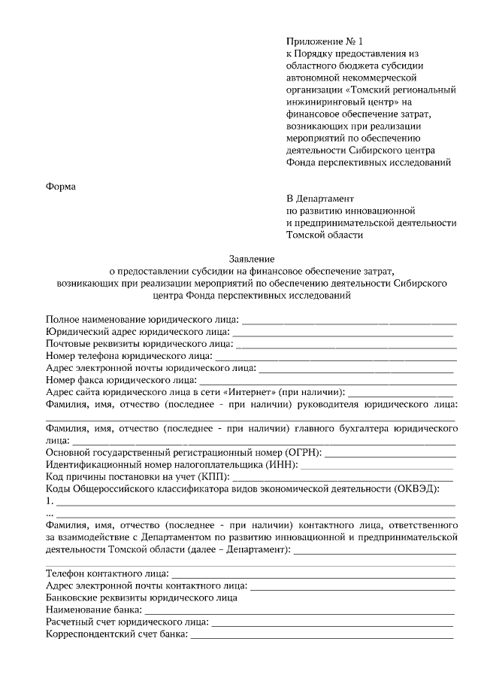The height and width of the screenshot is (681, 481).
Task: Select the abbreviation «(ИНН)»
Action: [277, 464]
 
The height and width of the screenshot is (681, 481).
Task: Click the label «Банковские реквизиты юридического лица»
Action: [142, 597]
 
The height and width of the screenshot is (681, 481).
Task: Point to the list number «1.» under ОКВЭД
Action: [50, 501]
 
